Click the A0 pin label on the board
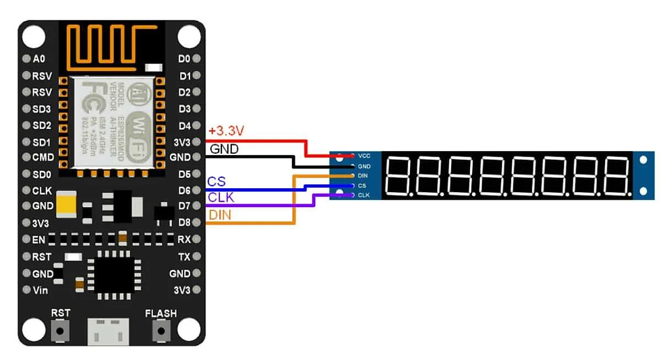[x=38, y=59]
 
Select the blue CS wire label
[x=217, y=181]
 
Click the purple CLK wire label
[x=221, y=198]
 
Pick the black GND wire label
[x=224, y=149]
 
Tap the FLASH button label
[x=161, y=313]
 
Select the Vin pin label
[x=40, y=291]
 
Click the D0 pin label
[x=184, y=59]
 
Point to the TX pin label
[x=184, y=257]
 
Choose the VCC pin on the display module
[x=364, y=156]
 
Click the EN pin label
[x=38, y=239]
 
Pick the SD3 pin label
[x=42, y=109]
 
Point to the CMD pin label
[x=42, y=158]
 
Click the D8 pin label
[x=184, y=222]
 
